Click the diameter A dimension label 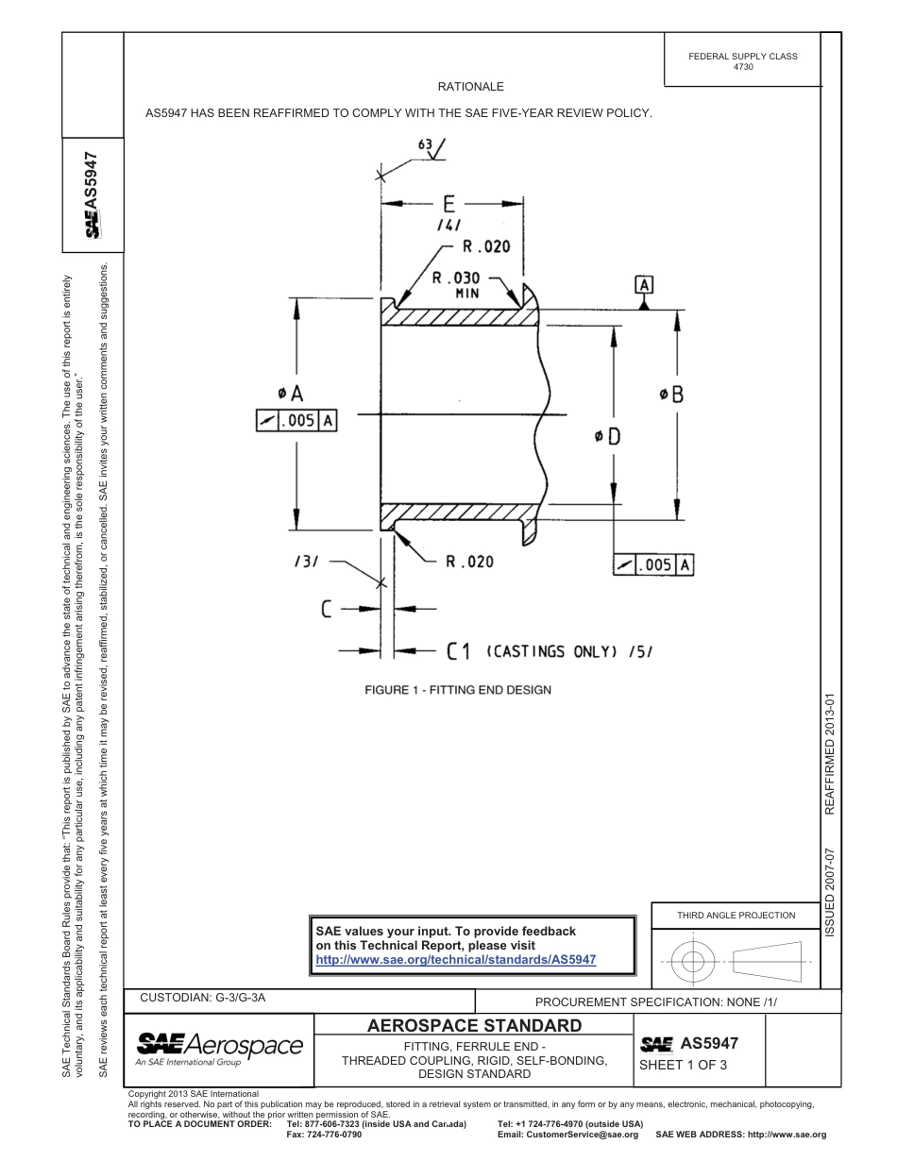point(290,392)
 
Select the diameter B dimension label point(671,395)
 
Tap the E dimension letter point(448,204)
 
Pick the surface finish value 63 point(424,144)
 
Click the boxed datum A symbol point(645,284)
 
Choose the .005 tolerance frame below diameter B point(654,564)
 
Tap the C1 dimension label point(459,650)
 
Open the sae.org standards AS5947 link point(455,959)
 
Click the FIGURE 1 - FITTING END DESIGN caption point(458,690)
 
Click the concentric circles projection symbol point(693,961)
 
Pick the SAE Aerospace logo point(219,1048)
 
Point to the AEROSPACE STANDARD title point(474,1025)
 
